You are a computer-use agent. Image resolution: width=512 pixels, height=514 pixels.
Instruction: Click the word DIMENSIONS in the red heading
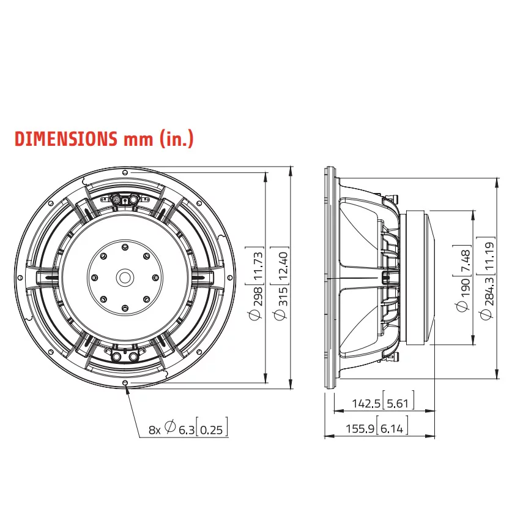[66, 138]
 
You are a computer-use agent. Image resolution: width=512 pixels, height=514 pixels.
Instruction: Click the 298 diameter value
[258, 296]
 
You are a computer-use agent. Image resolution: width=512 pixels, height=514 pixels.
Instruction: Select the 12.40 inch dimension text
[283, 266]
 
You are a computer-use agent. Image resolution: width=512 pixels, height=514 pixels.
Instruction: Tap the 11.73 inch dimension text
[258, 266]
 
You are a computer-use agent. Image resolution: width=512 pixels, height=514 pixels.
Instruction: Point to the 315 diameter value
[283, 296]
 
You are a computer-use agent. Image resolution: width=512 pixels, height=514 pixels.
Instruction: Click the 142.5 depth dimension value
[366, 403]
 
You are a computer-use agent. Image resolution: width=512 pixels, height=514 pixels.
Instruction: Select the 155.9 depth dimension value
[360, 428]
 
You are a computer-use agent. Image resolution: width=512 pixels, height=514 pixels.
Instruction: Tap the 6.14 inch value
[392, 428]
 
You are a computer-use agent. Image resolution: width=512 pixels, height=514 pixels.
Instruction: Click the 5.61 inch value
[398, 403]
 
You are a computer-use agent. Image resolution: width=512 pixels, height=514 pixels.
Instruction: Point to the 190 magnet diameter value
[465, 287]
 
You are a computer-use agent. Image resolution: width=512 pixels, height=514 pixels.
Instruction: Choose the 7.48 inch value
[465, 260]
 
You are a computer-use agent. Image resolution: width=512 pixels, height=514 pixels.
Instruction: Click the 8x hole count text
[155, 429]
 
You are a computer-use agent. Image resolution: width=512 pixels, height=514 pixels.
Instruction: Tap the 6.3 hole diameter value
[187, 429]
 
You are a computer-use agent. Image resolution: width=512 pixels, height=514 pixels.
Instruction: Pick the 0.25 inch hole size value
[211, 429]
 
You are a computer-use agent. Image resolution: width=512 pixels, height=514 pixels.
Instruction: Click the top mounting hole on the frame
[125, 172]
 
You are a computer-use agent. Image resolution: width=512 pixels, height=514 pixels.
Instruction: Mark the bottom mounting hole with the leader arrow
[125, 382]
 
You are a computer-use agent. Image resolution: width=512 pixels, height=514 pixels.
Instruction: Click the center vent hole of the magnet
[125, 278]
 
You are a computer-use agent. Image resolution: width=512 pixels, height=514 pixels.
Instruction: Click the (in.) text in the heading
[176, 139]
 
